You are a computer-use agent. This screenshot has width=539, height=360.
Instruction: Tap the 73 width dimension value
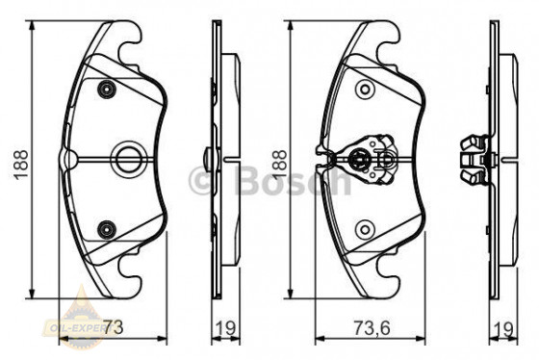click(114, 329)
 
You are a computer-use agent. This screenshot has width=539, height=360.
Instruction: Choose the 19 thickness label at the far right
click(500, 329)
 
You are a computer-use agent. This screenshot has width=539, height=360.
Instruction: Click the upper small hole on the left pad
click(106, 89)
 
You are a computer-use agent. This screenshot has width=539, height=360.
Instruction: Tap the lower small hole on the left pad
click(106, 228)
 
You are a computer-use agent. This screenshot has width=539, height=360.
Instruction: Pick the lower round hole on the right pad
click(365, 228)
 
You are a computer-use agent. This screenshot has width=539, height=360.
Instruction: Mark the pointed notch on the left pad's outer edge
click(64, 157)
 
